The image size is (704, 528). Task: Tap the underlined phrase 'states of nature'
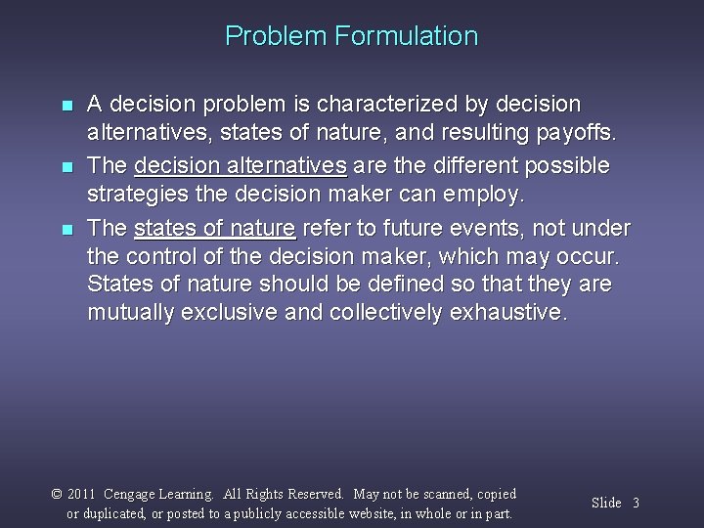pos(214,229)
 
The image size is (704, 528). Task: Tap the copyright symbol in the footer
pos(57,495)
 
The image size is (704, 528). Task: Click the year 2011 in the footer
pos(83,495)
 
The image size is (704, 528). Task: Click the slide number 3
pos(636,504)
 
